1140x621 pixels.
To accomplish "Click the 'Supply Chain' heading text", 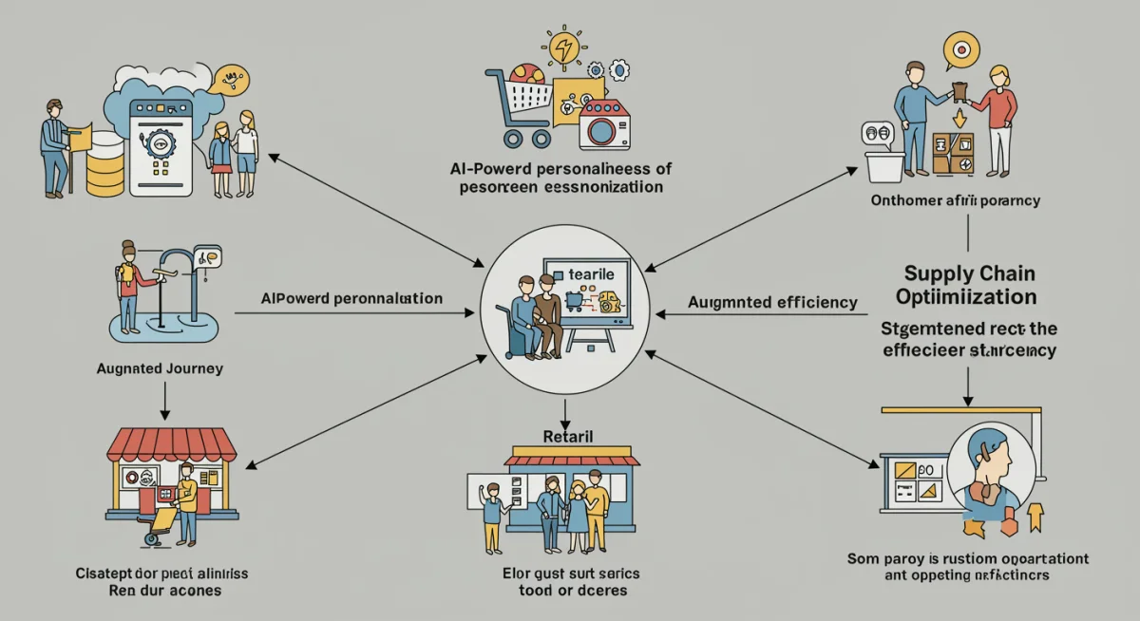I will [x=968, y=273].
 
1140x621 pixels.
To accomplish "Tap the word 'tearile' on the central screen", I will [x=592, y=273].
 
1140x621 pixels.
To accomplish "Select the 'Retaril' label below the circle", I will [x=567, y=436].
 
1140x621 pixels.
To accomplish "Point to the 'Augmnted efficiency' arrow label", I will [x=772, y=303].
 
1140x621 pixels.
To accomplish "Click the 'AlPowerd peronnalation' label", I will [x=351, y=298].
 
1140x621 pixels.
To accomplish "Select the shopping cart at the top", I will [x=518, y=104].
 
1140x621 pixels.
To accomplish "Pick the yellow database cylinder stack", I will [x=104, y=162].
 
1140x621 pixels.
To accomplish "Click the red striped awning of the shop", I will [x=171, y=443].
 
